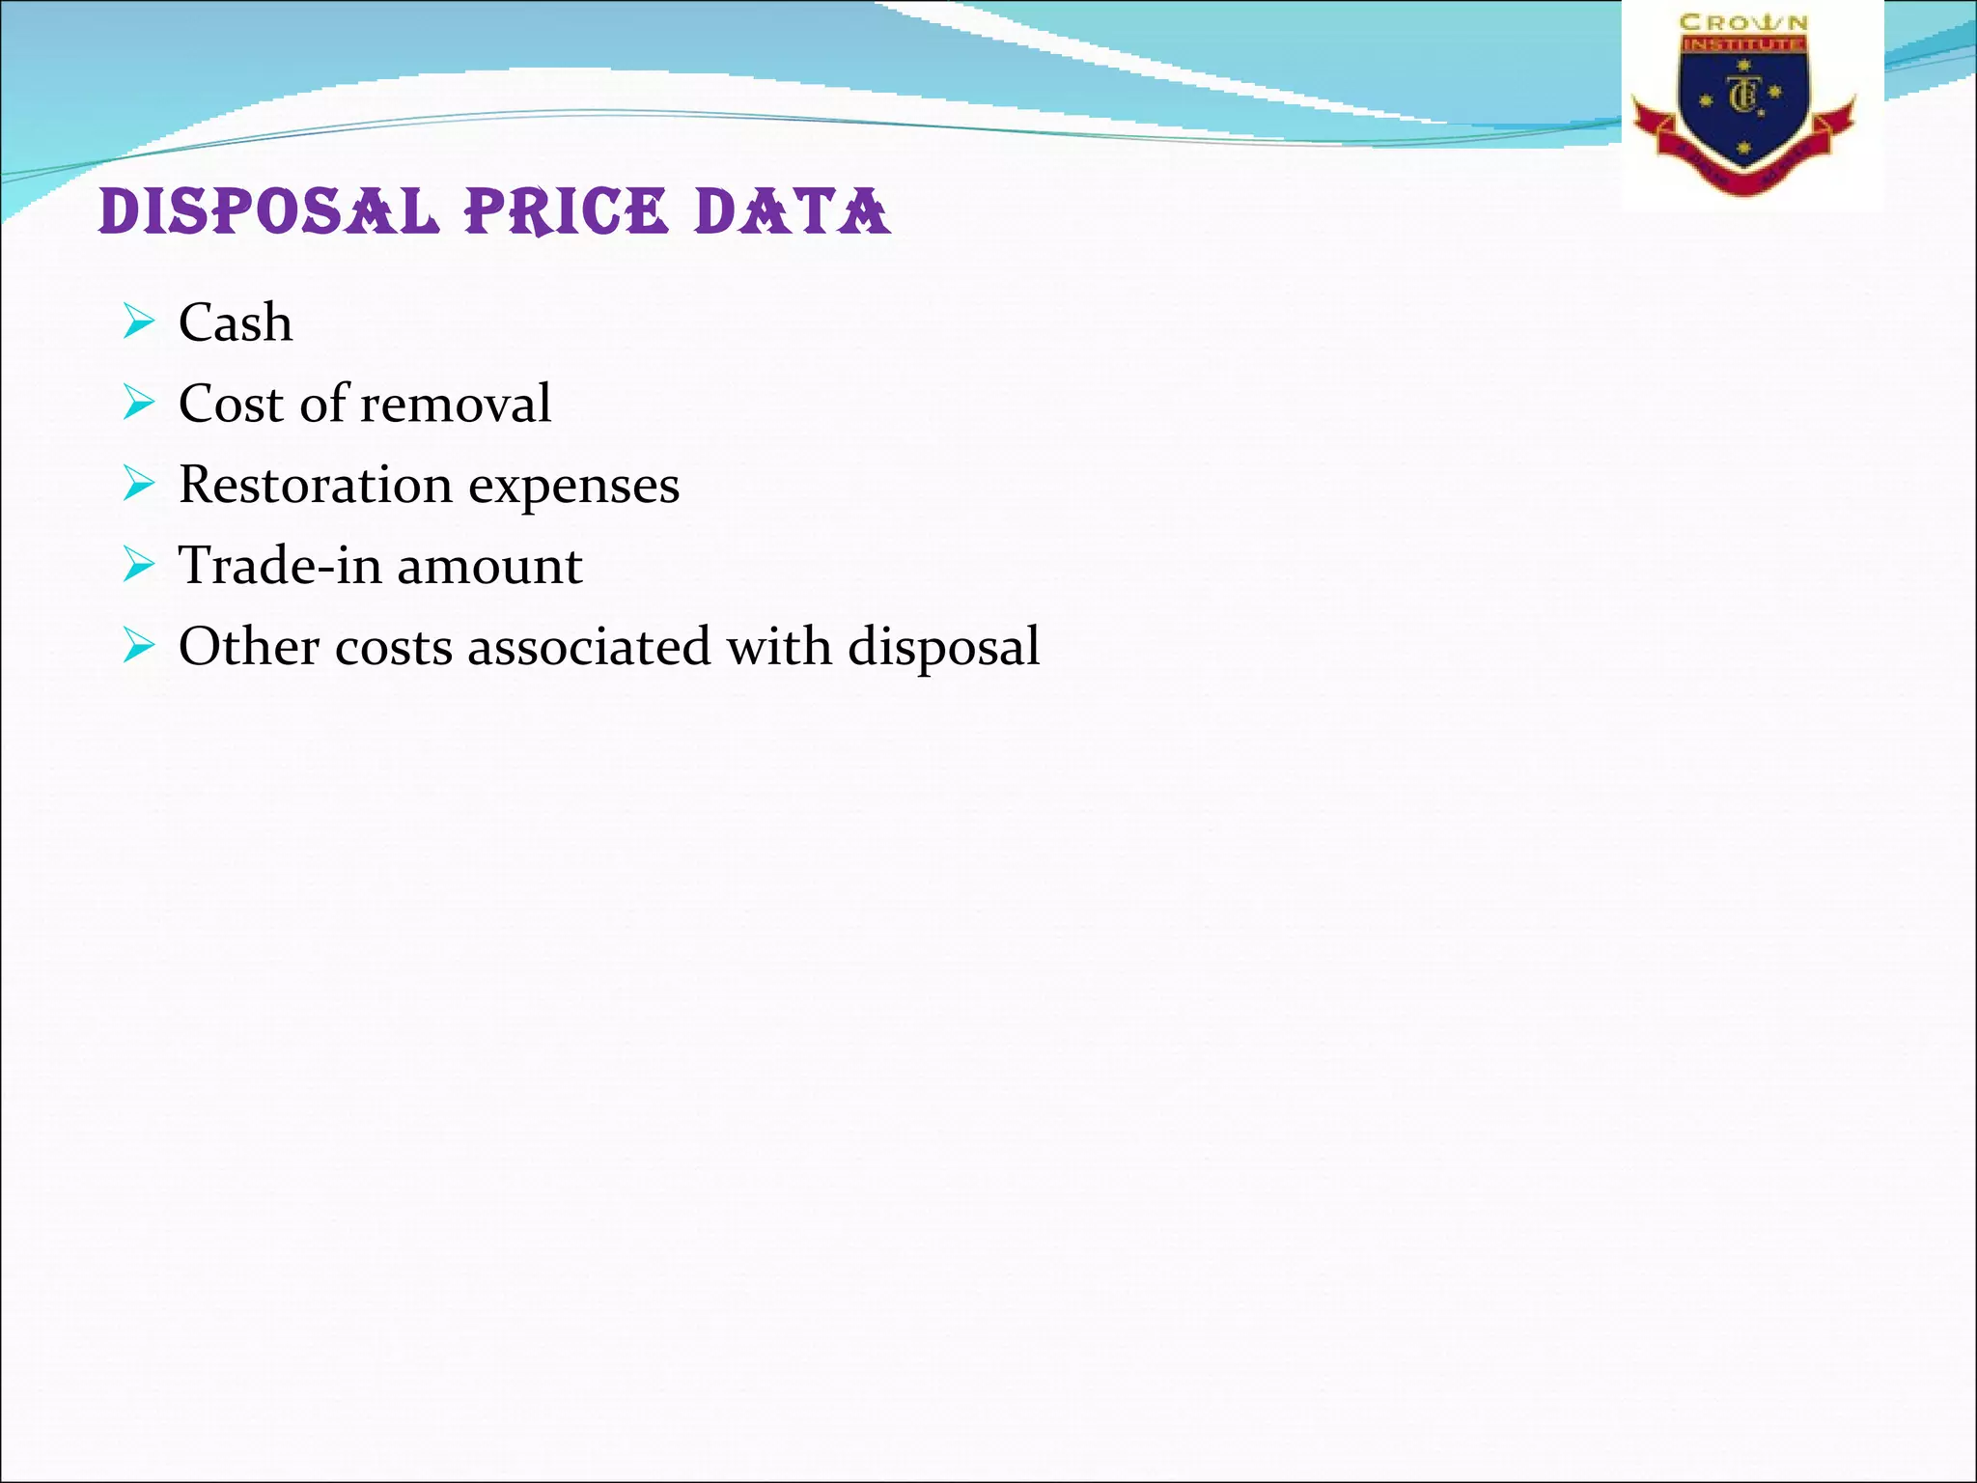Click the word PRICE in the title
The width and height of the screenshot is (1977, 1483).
[x=567, y=211]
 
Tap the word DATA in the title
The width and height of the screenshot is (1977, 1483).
[x=792, y=211]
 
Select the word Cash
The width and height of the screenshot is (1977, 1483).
[x=236, y=322]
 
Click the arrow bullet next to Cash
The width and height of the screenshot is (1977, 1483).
[x=139, y=322]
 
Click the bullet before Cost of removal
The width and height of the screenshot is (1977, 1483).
[x=139, y=403]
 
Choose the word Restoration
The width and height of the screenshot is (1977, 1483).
[x=316, y=485]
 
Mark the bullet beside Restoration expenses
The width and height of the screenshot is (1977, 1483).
[x=139, y=484]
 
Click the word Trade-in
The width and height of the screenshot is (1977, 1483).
[x=280, y=566]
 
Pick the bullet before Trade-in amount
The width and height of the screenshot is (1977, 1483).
[x=139, y=565]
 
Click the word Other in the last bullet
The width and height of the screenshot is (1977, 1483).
[x=249, y=647]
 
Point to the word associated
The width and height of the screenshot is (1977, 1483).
[x=589, y=647]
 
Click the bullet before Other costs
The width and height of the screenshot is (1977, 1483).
[x=139, y=646]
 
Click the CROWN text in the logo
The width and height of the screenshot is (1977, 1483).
[x=1743, y=22]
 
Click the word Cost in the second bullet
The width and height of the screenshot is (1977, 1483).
[x=232, y=404]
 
